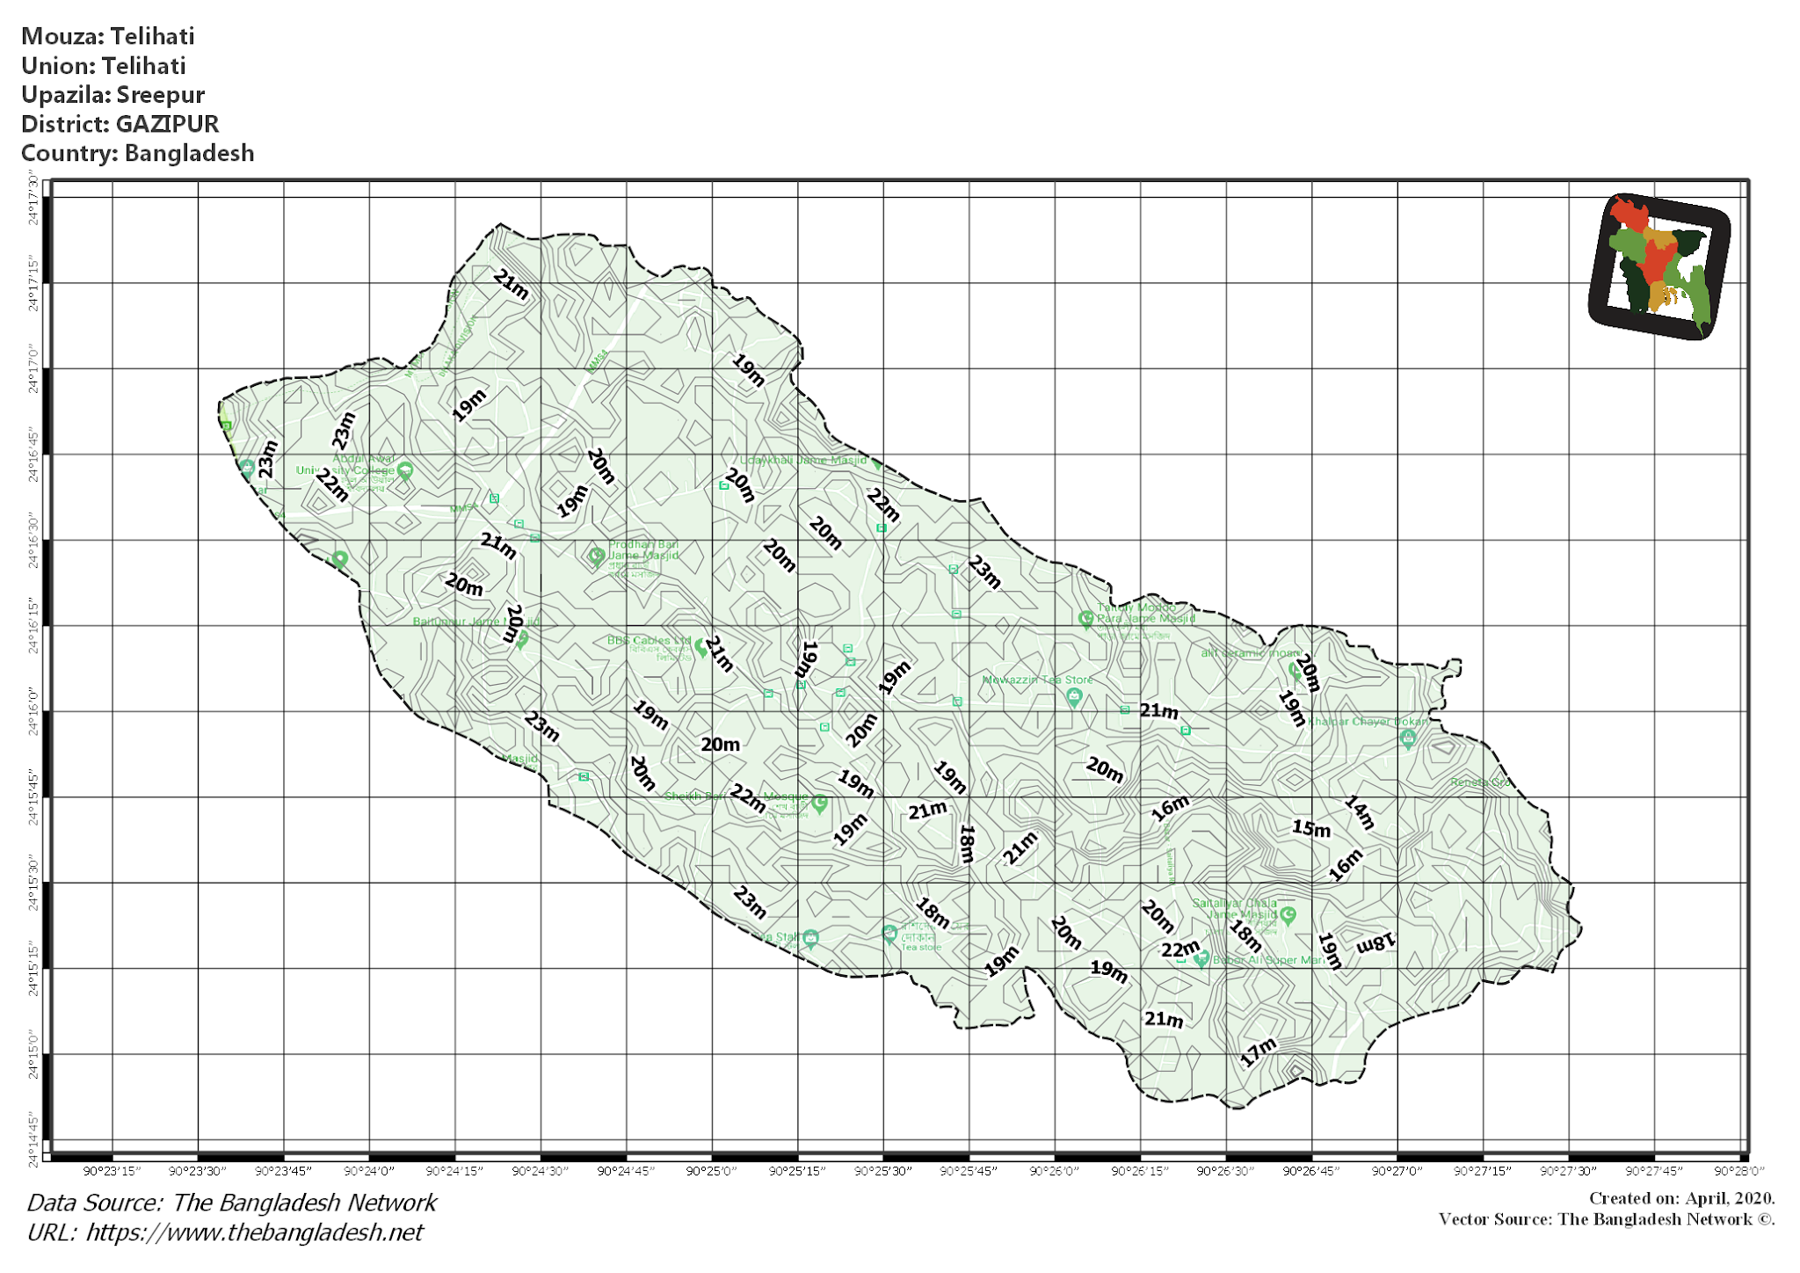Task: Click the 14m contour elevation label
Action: tap(1359, 812)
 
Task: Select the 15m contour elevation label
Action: tap(1310, 828)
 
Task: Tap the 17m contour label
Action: tap(1258, 1051)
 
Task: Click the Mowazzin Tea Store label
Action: tap(1037, 680)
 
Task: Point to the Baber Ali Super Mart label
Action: tap(1268, 960)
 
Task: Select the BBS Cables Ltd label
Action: tap(649, 641)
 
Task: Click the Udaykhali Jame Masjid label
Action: tap(802, 460)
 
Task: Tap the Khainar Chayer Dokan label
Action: tap(1367, 722)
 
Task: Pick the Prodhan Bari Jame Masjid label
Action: tap(643, 550)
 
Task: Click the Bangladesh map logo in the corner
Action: tap(1658, 266)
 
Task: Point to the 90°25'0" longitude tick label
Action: tap(711, 1171)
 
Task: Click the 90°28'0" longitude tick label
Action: tap(1738, 1171)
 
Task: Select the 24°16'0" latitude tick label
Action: tap(33, 711)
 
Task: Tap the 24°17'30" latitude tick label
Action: tap(33, 200)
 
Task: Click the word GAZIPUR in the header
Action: tap(167, 124)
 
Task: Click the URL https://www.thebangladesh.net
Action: tap(254, 1233)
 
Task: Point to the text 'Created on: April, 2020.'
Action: tap(1681, 1198)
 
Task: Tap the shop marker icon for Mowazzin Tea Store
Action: tap(1073, 697)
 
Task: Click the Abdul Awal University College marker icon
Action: tap(405, 470)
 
